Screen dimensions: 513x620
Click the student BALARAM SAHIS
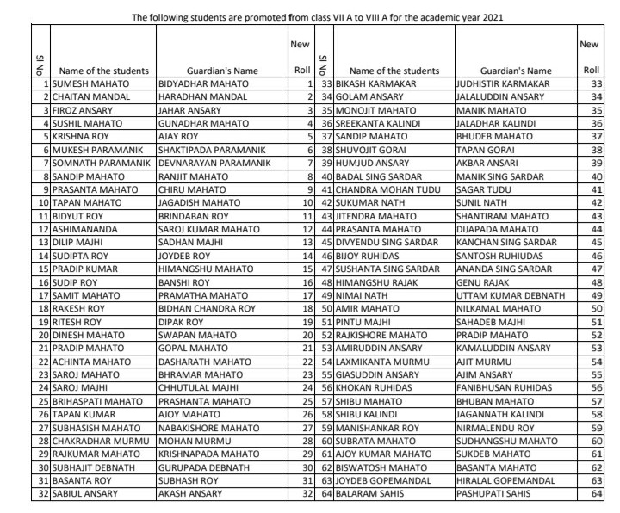(372, 494)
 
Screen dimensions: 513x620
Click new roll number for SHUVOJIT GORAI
(597, 151)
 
